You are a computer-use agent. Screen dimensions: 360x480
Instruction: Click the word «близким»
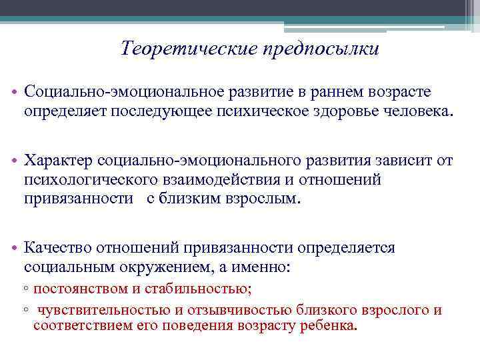tap(186, 198)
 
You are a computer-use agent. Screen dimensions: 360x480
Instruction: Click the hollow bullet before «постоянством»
tap(25, 290)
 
